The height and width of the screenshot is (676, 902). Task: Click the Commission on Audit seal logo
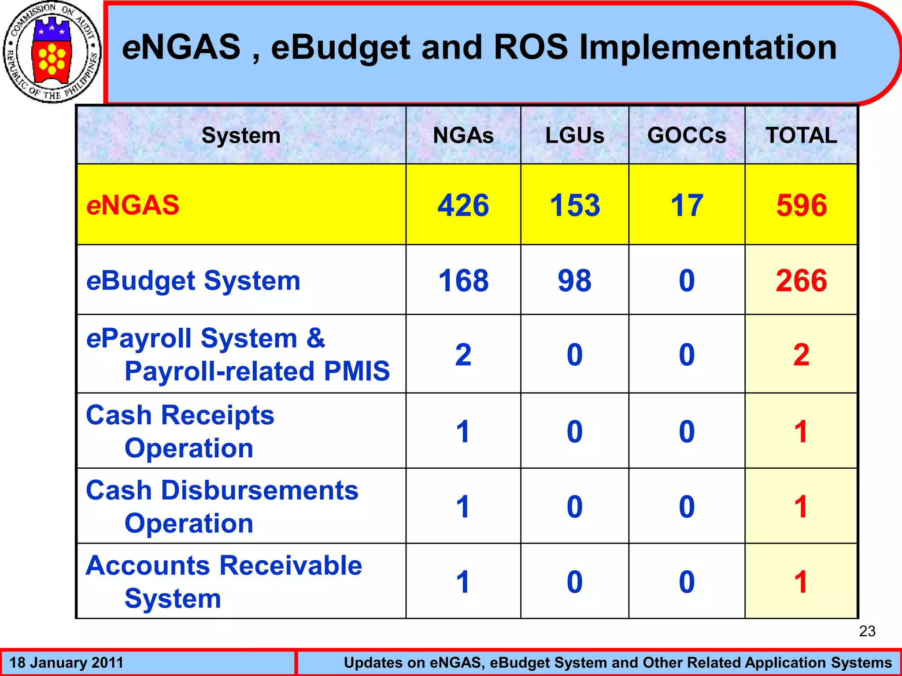52,52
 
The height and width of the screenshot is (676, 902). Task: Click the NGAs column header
463,135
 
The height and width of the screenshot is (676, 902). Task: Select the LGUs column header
575,135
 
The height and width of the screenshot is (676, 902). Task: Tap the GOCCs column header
687,135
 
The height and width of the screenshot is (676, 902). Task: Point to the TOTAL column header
802,135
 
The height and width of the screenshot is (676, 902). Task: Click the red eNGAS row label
133,205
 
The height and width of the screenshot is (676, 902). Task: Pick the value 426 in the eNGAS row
463,205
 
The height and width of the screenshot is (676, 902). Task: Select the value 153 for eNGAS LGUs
575,205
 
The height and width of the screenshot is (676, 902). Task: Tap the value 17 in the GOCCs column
687,205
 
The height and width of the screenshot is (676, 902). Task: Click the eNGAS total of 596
802,205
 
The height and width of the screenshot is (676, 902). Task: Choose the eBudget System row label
193,281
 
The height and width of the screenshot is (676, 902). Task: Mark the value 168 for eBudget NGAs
463,281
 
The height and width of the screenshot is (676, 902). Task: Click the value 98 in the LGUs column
575,281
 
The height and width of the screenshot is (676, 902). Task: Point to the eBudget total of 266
802,281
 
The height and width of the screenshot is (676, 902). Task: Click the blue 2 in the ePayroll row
463,355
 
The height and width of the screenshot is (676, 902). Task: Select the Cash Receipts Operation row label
181,431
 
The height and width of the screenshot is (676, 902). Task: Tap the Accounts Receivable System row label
224,582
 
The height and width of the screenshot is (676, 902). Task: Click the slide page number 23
867,631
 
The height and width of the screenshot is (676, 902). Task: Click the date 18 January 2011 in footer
67,663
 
